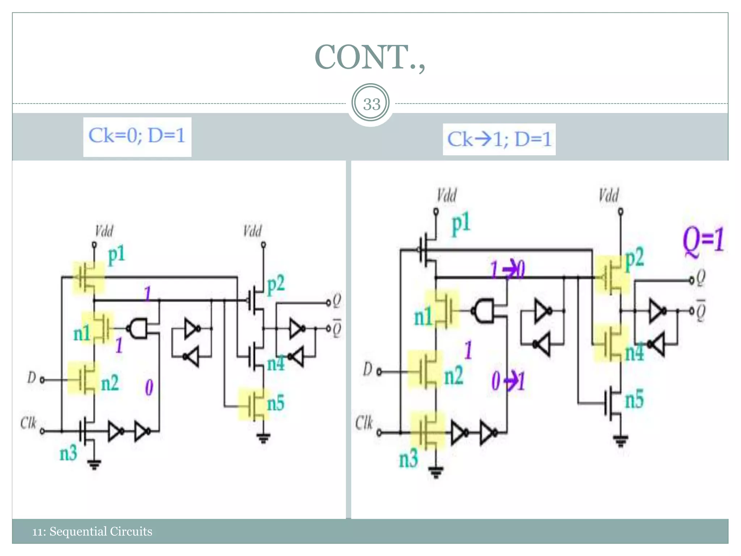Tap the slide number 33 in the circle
click(x=371, y=104)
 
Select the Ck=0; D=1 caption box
click(x=137, y=136)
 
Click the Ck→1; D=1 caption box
click(x=499, y=139)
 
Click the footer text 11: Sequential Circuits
click(x=92, y=531)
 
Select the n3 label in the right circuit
click(x=408, y=459)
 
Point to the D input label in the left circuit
click(x=31, y=378)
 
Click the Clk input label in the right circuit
click(x=364, y=422)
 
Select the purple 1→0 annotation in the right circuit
click(x=507, y=270)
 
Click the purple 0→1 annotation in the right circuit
click(x=508, y=381)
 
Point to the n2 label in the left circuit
click(x=110, y=383)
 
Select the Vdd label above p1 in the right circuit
click(x=446, y=195)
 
